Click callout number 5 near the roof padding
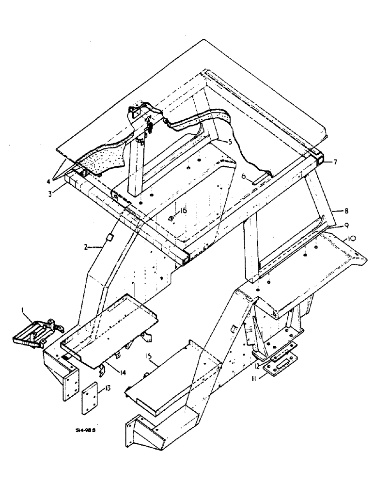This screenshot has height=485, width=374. coord(232,143)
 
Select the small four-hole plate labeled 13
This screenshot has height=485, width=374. coord(89,397)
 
